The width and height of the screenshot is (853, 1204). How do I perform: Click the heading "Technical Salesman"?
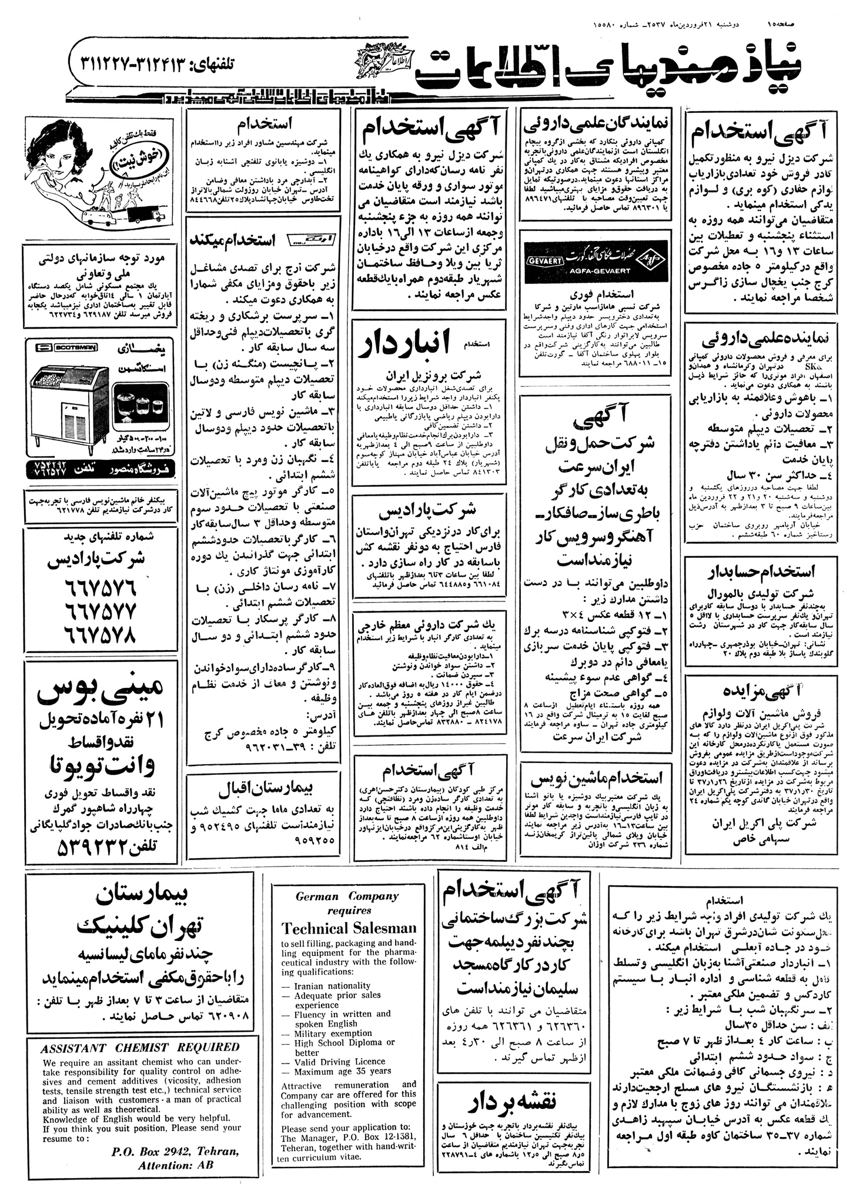pos(349,928)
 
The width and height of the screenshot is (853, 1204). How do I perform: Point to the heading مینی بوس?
pos(100,694)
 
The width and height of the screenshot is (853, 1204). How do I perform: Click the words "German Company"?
pos(349,897)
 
